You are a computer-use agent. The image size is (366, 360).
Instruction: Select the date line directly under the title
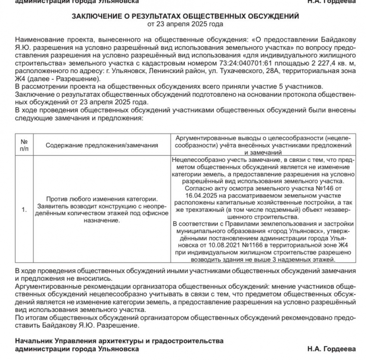coord(185,23)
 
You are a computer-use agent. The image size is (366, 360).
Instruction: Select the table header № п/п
coord(24,145)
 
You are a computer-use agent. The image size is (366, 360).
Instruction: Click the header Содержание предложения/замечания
coord(101,145)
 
